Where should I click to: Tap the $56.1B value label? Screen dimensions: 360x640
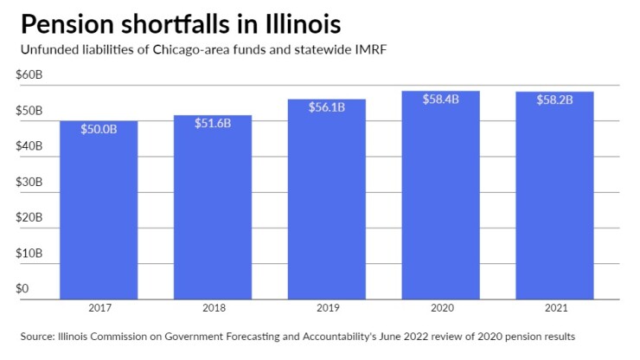(x=326, y=107)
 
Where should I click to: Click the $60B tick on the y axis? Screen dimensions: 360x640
(x=29, y=75)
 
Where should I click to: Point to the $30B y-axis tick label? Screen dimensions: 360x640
(x=29, y=182)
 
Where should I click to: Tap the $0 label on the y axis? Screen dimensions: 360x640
(x=23, y=288)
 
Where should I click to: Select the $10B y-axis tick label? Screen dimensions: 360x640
(x=29, y=253)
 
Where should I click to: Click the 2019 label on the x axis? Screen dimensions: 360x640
(x=326, y=307)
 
